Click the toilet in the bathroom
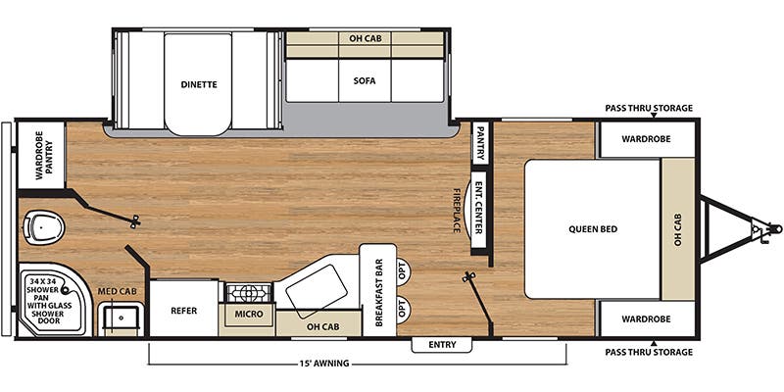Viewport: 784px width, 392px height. coord(44,227)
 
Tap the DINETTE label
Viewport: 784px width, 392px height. coord(199,84)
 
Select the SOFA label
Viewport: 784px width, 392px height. coord(364,80)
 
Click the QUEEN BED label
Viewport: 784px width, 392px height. coord(593,229)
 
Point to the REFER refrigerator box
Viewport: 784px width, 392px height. coord(184,309)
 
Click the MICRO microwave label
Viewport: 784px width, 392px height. coord(250,314)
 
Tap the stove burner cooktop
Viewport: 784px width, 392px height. coord(249,292)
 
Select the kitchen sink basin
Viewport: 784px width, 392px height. coord(317,291)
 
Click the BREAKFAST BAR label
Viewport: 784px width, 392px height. coord(378,292)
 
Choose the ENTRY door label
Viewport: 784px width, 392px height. coord(442,345)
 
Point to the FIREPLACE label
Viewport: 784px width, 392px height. coord(457,210)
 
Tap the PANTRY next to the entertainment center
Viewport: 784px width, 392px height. coord(480,143)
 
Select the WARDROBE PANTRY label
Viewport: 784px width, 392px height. coord(44,156)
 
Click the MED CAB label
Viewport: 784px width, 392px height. coord(118,291)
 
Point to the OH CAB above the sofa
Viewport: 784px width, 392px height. coord(365,38)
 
